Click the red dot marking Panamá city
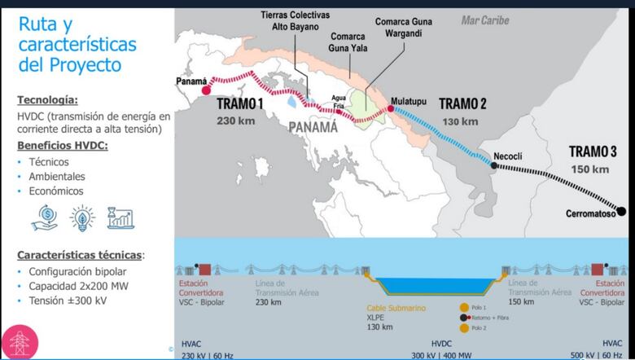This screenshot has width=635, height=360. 205,90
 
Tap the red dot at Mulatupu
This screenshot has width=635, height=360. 391,108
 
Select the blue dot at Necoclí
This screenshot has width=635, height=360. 493,165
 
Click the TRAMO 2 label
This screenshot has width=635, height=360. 462,104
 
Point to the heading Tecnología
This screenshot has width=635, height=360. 48,100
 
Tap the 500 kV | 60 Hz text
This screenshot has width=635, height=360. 605,354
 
